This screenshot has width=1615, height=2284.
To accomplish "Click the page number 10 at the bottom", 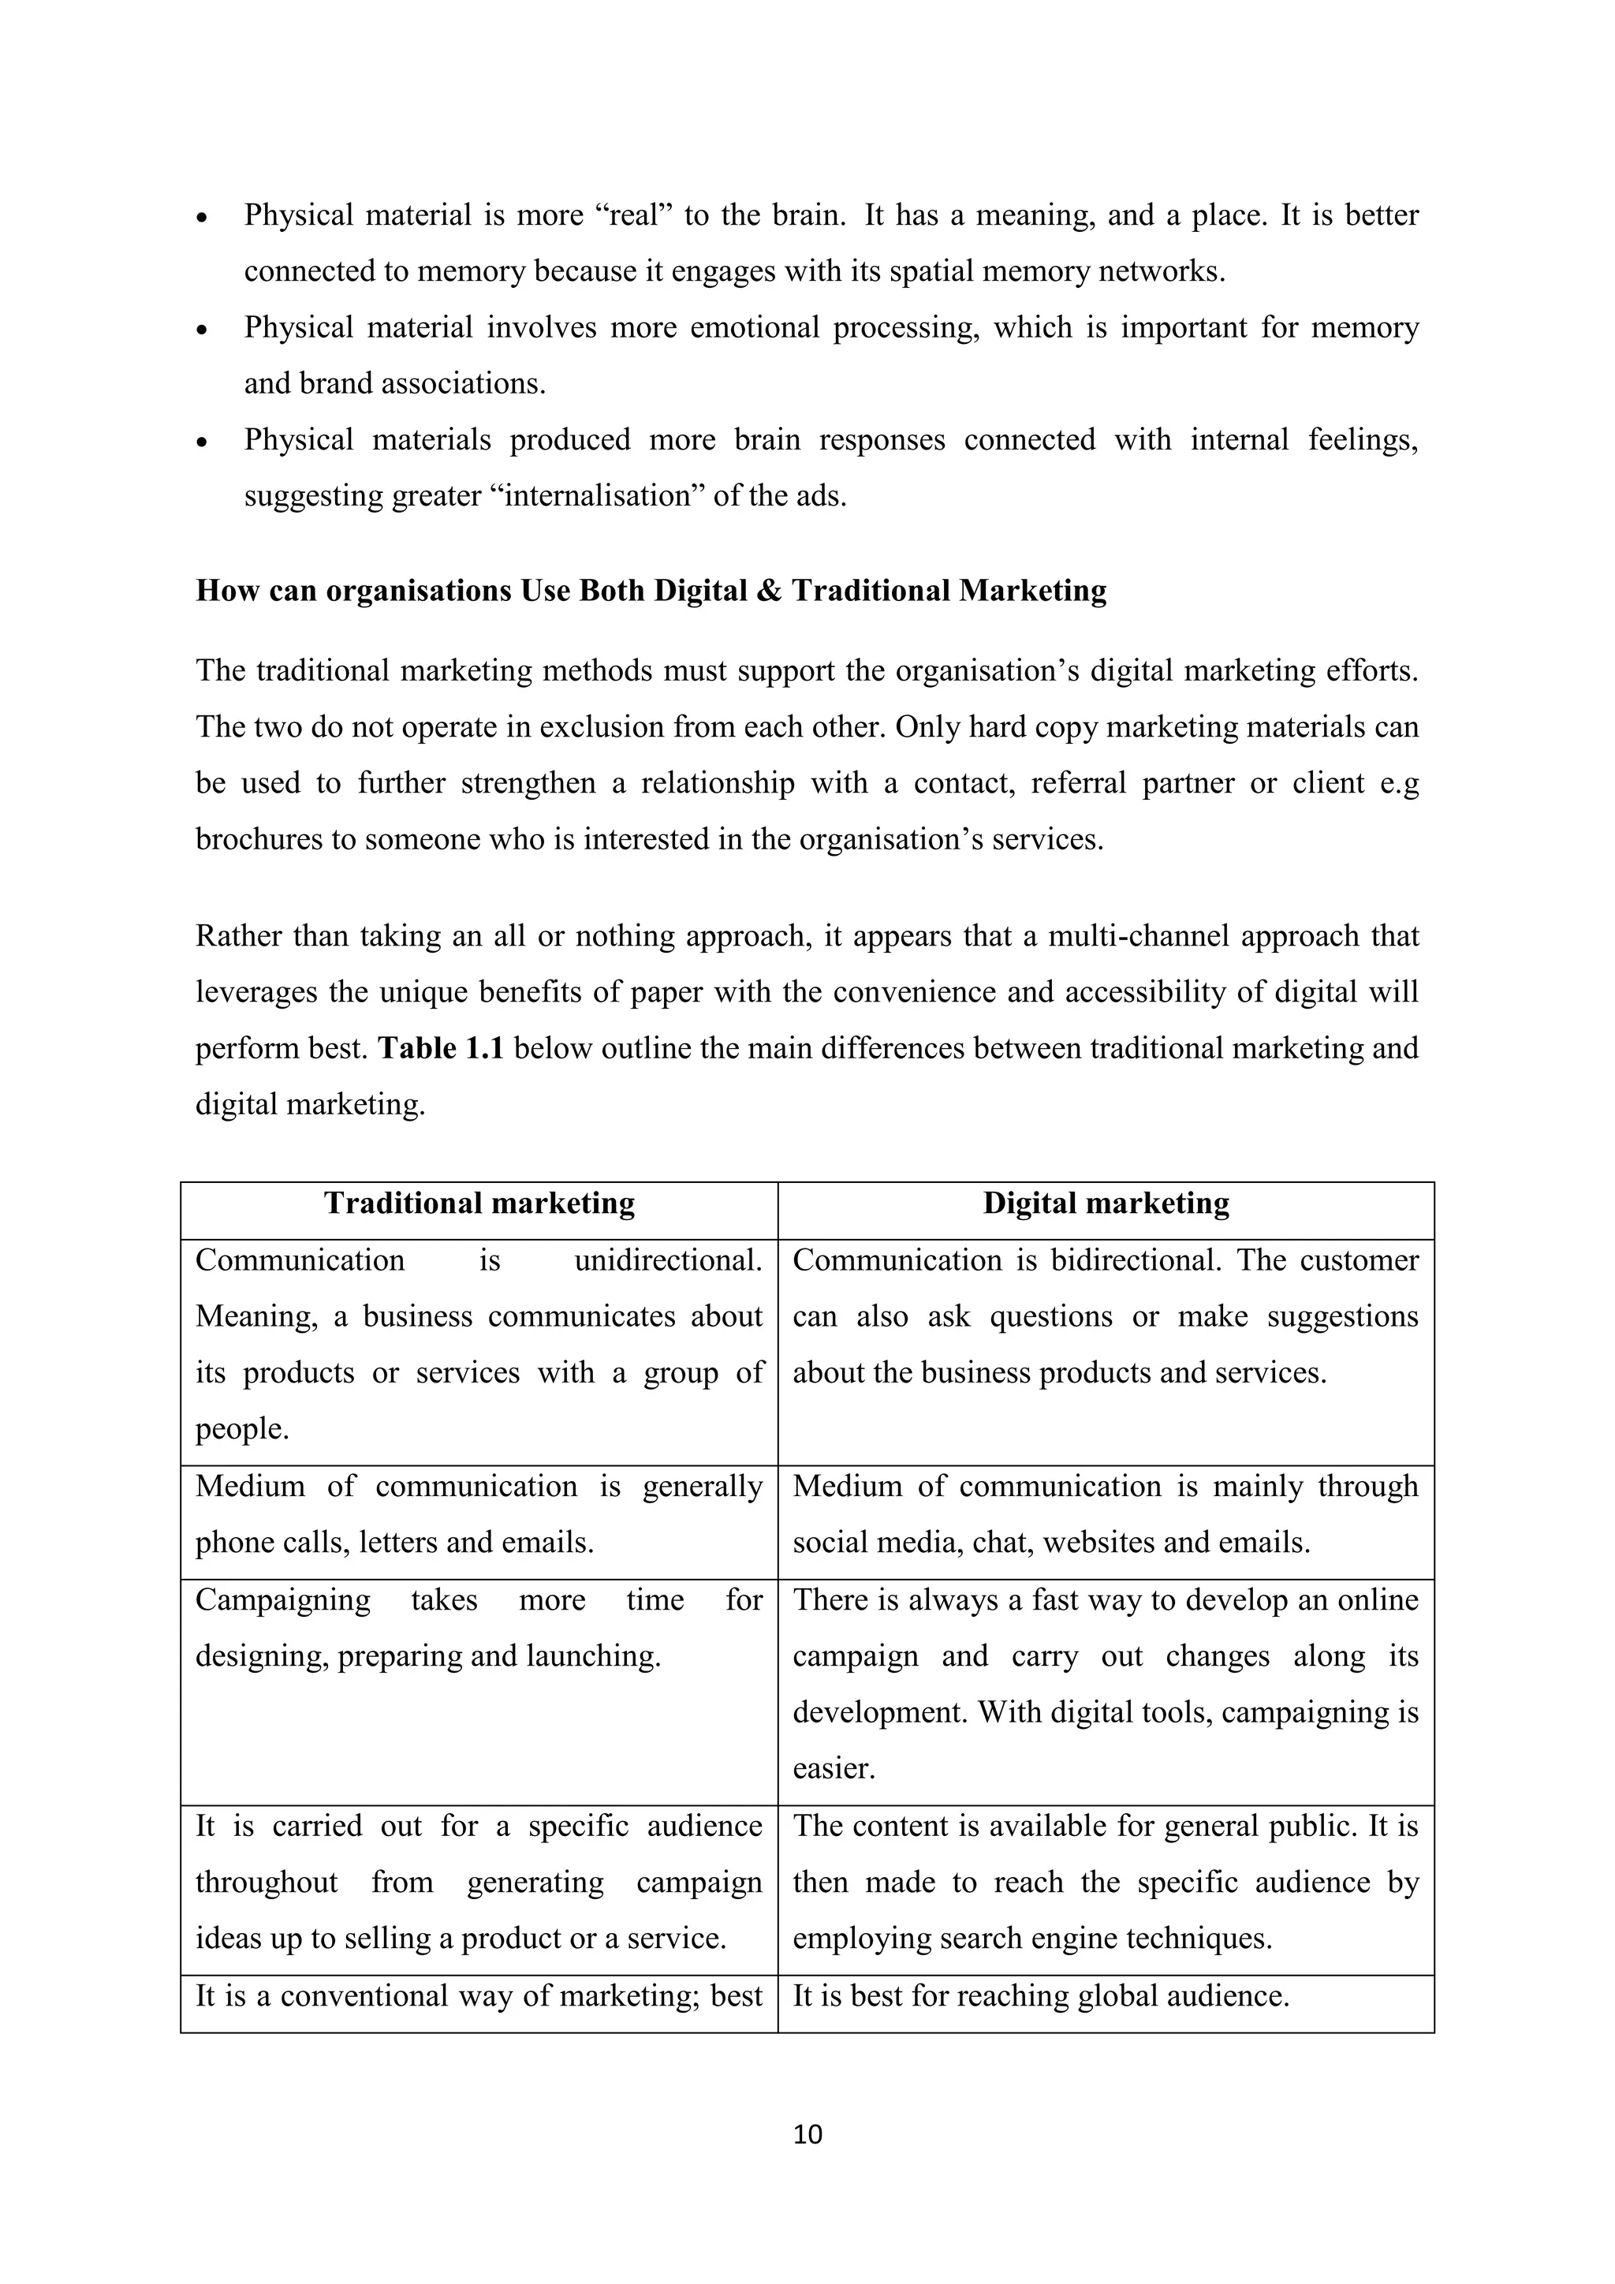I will (x=807, y=2135).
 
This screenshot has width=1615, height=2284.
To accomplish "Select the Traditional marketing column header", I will (x=479, y=1204).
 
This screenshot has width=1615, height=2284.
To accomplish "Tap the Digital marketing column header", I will (x=1106, y=1204).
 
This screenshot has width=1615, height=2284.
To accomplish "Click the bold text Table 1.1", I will (x=441, y=1048).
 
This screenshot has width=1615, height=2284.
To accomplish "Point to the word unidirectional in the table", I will (x=667, y=1261).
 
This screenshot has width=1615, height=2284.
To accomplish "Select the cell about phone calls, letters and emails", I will (x=479, y=1515).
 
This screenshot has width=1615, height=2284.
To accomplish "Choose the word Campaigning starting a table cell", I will (x=282, y=1600).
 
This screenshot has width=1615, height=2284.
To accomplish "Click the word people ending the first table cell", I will (x=241, y=1431).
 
